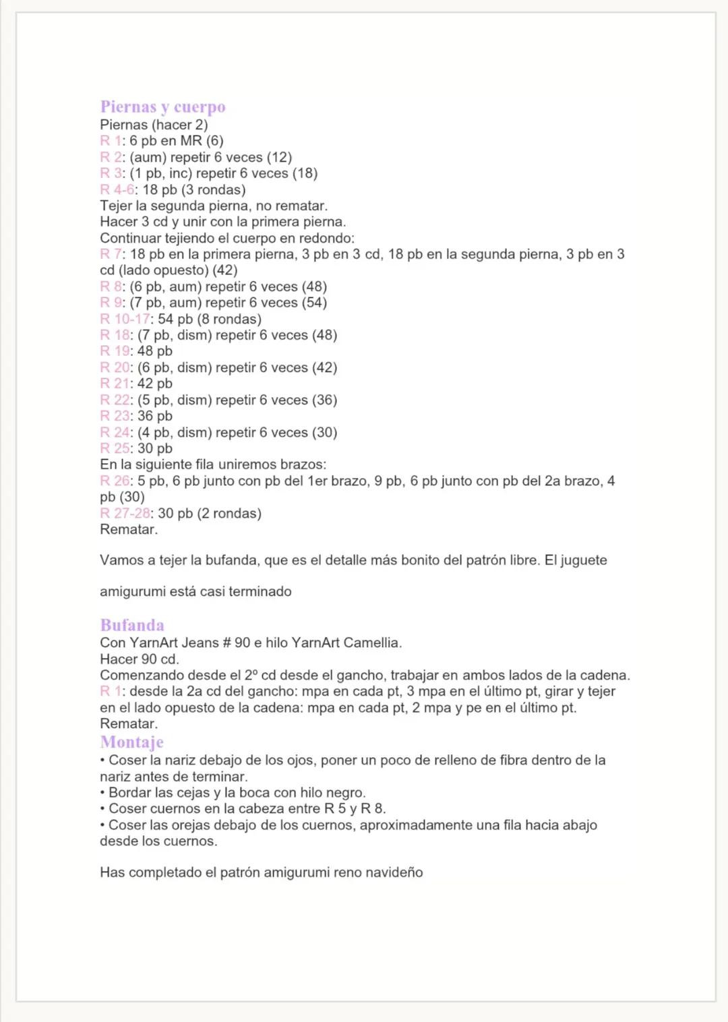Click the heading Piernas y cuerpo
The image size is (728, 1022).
click(162, 107)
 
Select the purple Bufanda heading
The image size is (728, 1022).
click(132, 625)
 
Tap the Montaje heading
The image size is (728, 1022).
click(131, 742)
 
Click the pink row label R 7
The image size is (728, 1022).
click(111, 254)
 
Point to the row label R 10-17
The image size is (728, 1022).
click(125, 319)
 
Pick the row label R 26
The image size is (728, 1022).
click(115, 481)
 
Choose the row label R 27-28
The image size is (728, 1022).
click(125, 513)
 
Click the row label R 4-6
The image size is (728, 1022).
click(117, 189)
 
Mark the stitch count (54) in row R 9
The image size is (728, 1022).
click(314, 303)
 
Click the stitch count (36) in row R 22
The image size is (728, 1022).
click(324, 400)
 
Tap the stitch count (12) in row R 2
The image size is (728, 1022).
click(279, 157)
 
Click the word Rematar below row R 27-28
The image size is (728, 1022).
click(129, 529)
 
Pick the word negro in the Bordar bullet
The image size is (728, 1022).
click(344, 792)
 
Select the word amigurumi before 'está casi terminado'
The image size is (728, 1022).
click(132, 591)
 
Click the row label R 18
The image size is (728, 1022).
click(115, 335)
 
